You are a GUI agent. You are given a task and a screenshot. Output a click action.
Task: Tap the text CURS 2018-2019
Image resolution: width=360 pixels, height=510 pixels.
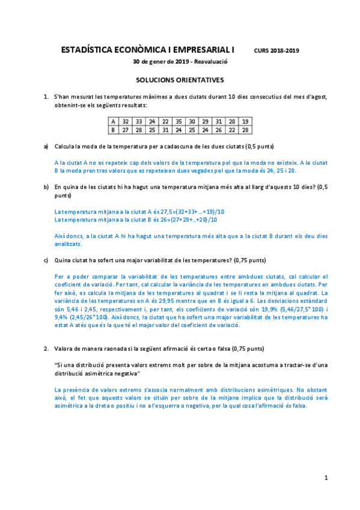tap(276, 52)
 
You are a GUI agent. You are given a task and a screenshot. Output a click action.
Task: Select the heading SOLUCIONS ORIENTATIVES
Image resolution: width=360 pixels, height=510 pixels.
tap(180, 79)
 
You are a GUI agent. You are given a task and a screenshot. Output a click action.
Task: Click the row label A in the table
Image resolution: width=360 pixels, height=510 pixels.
tap(112, 121)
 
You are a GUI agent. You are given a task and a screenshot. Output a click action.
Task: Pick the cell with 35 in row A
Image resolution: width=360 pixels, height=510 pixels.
tap(178, 121)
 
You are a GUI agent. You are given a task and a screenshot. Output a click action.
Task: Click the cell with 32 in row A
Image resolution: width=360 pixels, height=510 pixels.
tap(125, 121)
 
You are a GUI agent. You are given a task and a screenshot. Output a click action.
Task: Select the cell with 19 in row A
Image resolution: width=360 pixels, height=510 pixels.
tap(245, 121)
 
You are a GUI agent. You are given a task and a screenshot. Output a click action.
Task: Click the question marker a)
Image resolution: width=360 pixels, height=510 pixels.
tap(46, 146)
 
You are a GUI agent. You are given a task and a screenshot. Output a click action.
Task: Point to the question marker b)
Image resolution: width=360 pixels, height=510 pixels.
tap(46, 187)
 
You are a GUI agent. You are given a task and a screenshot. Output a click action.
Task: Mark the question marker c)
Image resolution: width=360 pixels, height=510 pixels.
tap(46, 260)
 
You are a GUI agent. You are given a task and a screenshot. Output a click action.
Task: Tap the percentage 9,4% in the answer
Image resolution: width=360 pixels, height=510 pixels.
tap(61, 318)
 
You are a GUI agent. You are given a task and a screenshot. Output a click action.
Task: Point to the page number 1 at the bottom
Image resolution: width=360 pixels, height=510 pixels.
tap(326, 478)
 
